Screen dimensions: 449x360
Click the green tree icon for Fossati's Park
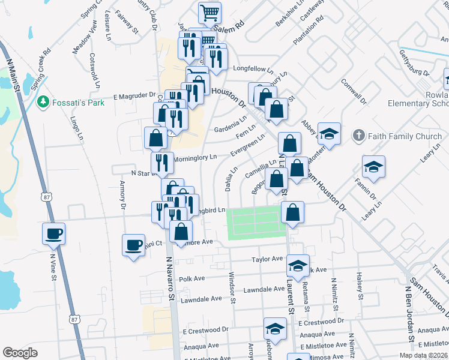coord(43,103)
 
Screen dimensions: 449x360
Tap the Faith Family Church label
coord(404,136)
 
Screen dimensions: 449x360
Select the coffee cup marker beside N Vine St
coord(53,233)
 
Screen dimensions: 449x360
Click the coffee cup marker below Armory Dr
coord(133,245)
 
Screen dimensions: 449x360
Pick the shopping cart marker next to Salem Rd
coord(209,13)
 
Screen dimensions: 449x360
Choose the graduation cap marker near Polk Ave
coord(298,265)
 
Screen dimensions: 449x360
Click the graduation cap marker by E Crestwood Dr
coord(275,329)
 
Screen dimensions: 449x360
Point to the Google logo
coord(20,353)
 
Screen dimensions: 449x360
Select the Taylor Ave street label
coord(267,259)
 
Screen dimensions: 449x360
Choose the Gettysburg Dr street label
coord(415,62)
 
